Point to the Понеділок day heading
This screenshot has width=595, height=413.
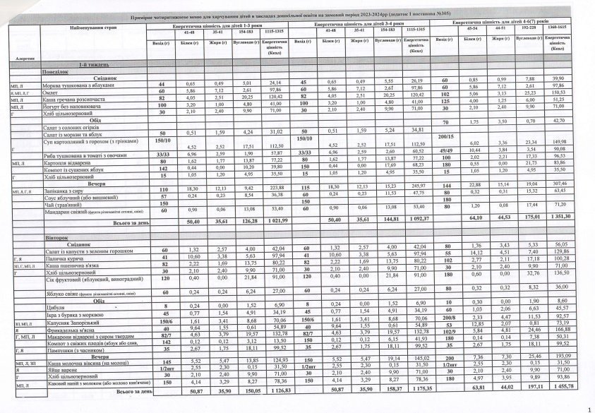tap(55, 72)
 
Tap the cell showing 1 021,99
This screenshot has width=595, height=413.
tap(271, 220)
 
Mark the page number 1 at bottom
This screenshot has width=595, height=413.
tap(589, 408)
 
